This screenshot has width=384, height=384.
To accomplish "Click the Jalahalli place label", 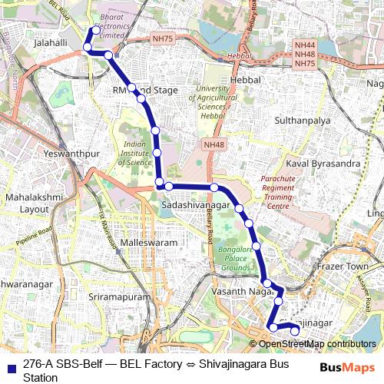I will (47, 44).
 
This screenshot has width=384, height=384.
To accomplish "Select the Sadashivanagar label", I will (195, 207).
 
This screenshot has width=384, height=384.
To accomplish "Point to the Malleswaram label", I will (150, 242).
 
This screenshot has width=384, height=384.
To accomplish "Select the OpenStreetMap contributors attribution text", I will (316, 344).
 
